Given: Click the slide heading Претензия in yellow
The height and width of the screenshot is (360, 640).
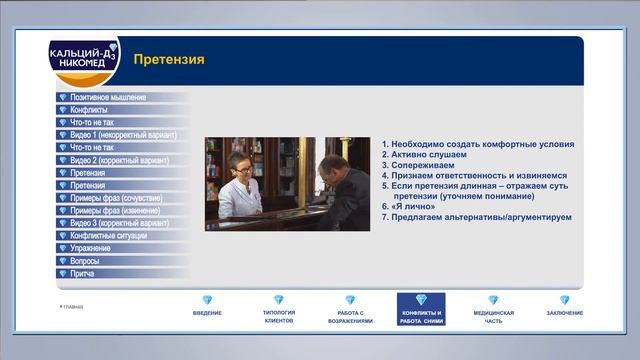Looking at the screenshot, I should coord(169,60).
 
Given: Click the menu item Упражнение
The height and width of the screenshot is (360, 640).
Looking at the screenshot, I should coord(91,248).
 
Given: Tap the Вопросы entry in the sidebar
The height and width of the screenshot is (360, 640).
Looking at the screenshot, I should coord(85,260).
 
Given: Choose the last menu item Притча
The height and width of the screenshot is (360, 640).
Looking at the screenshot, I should coord(83,273).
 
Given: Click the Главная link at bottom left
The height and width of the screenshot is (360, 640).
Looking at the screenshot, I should coord(72,307).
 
